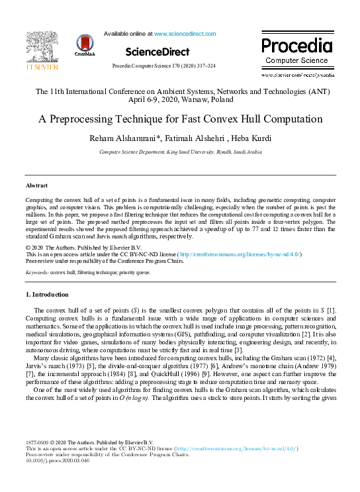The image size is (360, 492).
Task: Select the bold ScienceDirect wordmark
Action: pos(157,52)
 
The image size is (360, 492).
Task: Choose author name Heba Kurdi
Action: pos(245,138)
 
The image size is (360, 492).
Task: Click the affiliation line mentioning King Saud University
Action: pos(180,152)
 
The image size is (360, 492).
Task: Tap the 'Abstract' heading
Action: pos(36,185)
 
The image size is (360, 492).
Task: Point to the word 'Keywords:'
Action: pos(36,272)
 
